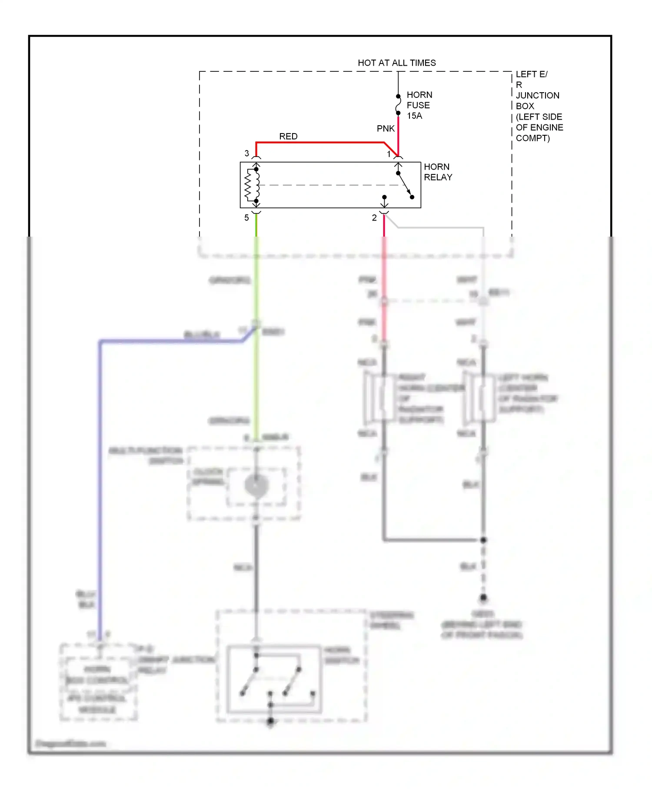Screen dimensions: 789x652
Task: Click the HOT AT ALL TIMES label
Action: click(x=396, y=63)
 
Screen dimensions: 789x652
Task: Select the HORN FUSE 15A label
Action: click(x=419, y=105)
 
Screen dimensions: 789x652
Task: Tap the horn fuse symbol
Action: click(x=398, y=105)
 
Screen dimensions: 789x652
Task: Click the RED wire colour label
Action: click(x=288, y=136)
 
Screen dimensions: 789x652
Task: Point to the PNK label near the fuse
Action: click(x=386, y=128)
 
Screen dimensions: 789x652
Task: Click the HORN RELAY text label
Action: click(x=438, y=172)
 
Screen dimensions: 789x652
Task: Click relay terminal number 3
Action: click(x=247, y=153)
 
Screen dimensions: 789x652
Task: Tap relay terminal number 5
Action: click(x=246, y=217)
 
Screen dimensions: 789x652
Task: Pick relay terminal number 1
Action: click(x=389, y=154)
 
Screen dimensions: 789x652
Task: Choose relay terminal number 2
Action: click(x=374, y=217)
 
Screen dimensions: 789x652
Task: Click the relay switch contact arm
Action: click(x=405, y=185)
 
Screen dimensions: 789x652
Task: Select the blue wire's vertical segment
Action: click(x=100, y=478)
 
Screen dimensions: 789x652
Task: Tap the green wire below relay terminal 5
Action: click(x=256, y=283)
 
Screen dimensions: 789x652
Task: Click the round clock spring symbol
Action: click(x=256, y=485)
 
